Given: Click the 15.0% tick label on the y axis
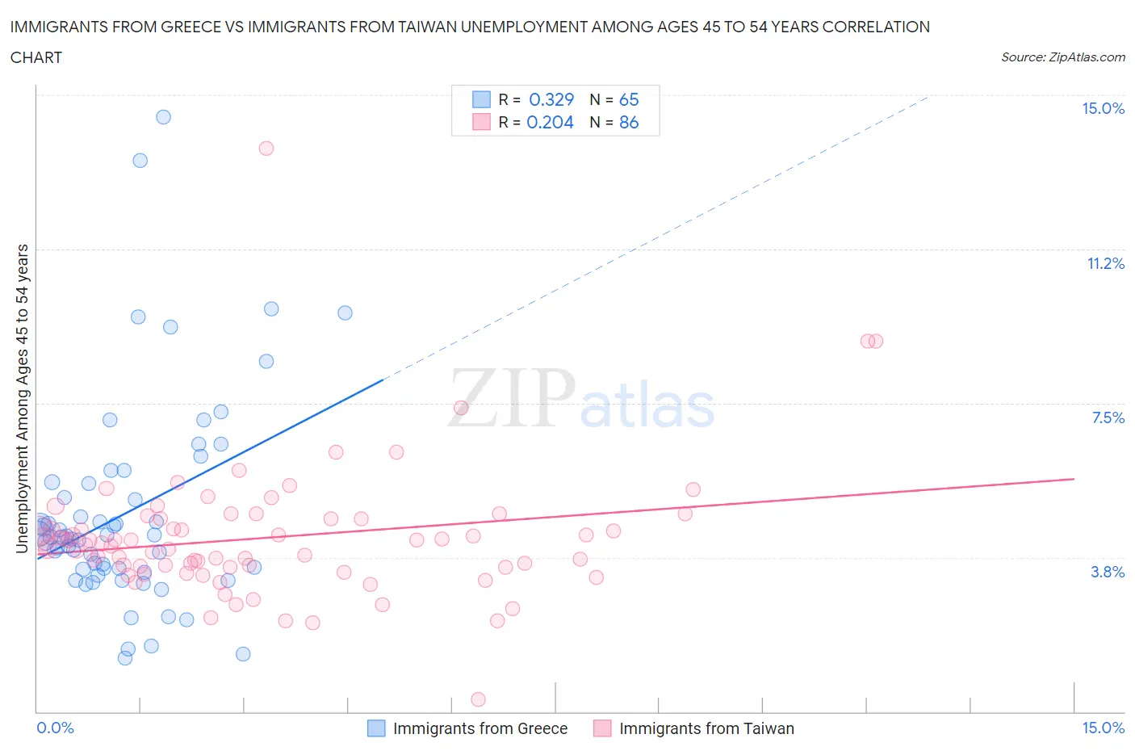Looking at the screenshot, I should click(1103, 108).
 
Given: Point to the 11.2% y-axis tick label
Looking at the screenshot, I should click(1105, 263).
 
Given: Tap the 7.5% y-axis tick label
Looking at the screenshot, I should click(1108, 417).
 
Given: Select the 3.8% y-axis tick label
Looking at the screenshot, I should click(1108, 572).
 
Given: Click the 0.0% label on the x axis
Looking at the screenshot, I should click(55, 728).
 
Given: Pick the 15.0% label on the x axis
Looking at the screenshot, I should click(1103, 728).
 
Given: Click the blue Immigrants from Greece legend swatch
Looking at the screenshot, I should click(376, 728).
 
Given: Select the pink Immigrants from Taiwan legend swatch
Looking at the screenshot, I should click(602, 728).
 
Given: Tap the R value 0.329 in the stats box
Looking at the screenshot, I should click(551, 99).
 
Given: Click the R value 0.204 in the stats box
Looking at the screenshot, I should click(550, 122).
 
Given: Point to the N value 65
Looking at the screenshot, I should click(629, 99).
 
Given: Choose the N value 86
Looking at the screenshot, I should click(629, 122).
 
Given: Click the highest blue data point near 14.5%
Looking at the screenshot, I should click(163, 117).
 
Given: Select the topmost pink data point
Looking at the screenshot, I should click(266, 148).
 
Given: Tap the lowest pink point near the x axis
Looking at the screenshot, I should click(478, 699).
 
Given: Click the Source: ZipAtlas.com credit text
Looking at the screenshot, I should click(1062, 57).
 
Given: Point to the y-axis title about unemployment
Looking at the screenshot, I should click(22, 399).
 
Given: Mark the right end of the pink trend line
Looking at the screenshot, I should click(1074, 479).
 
